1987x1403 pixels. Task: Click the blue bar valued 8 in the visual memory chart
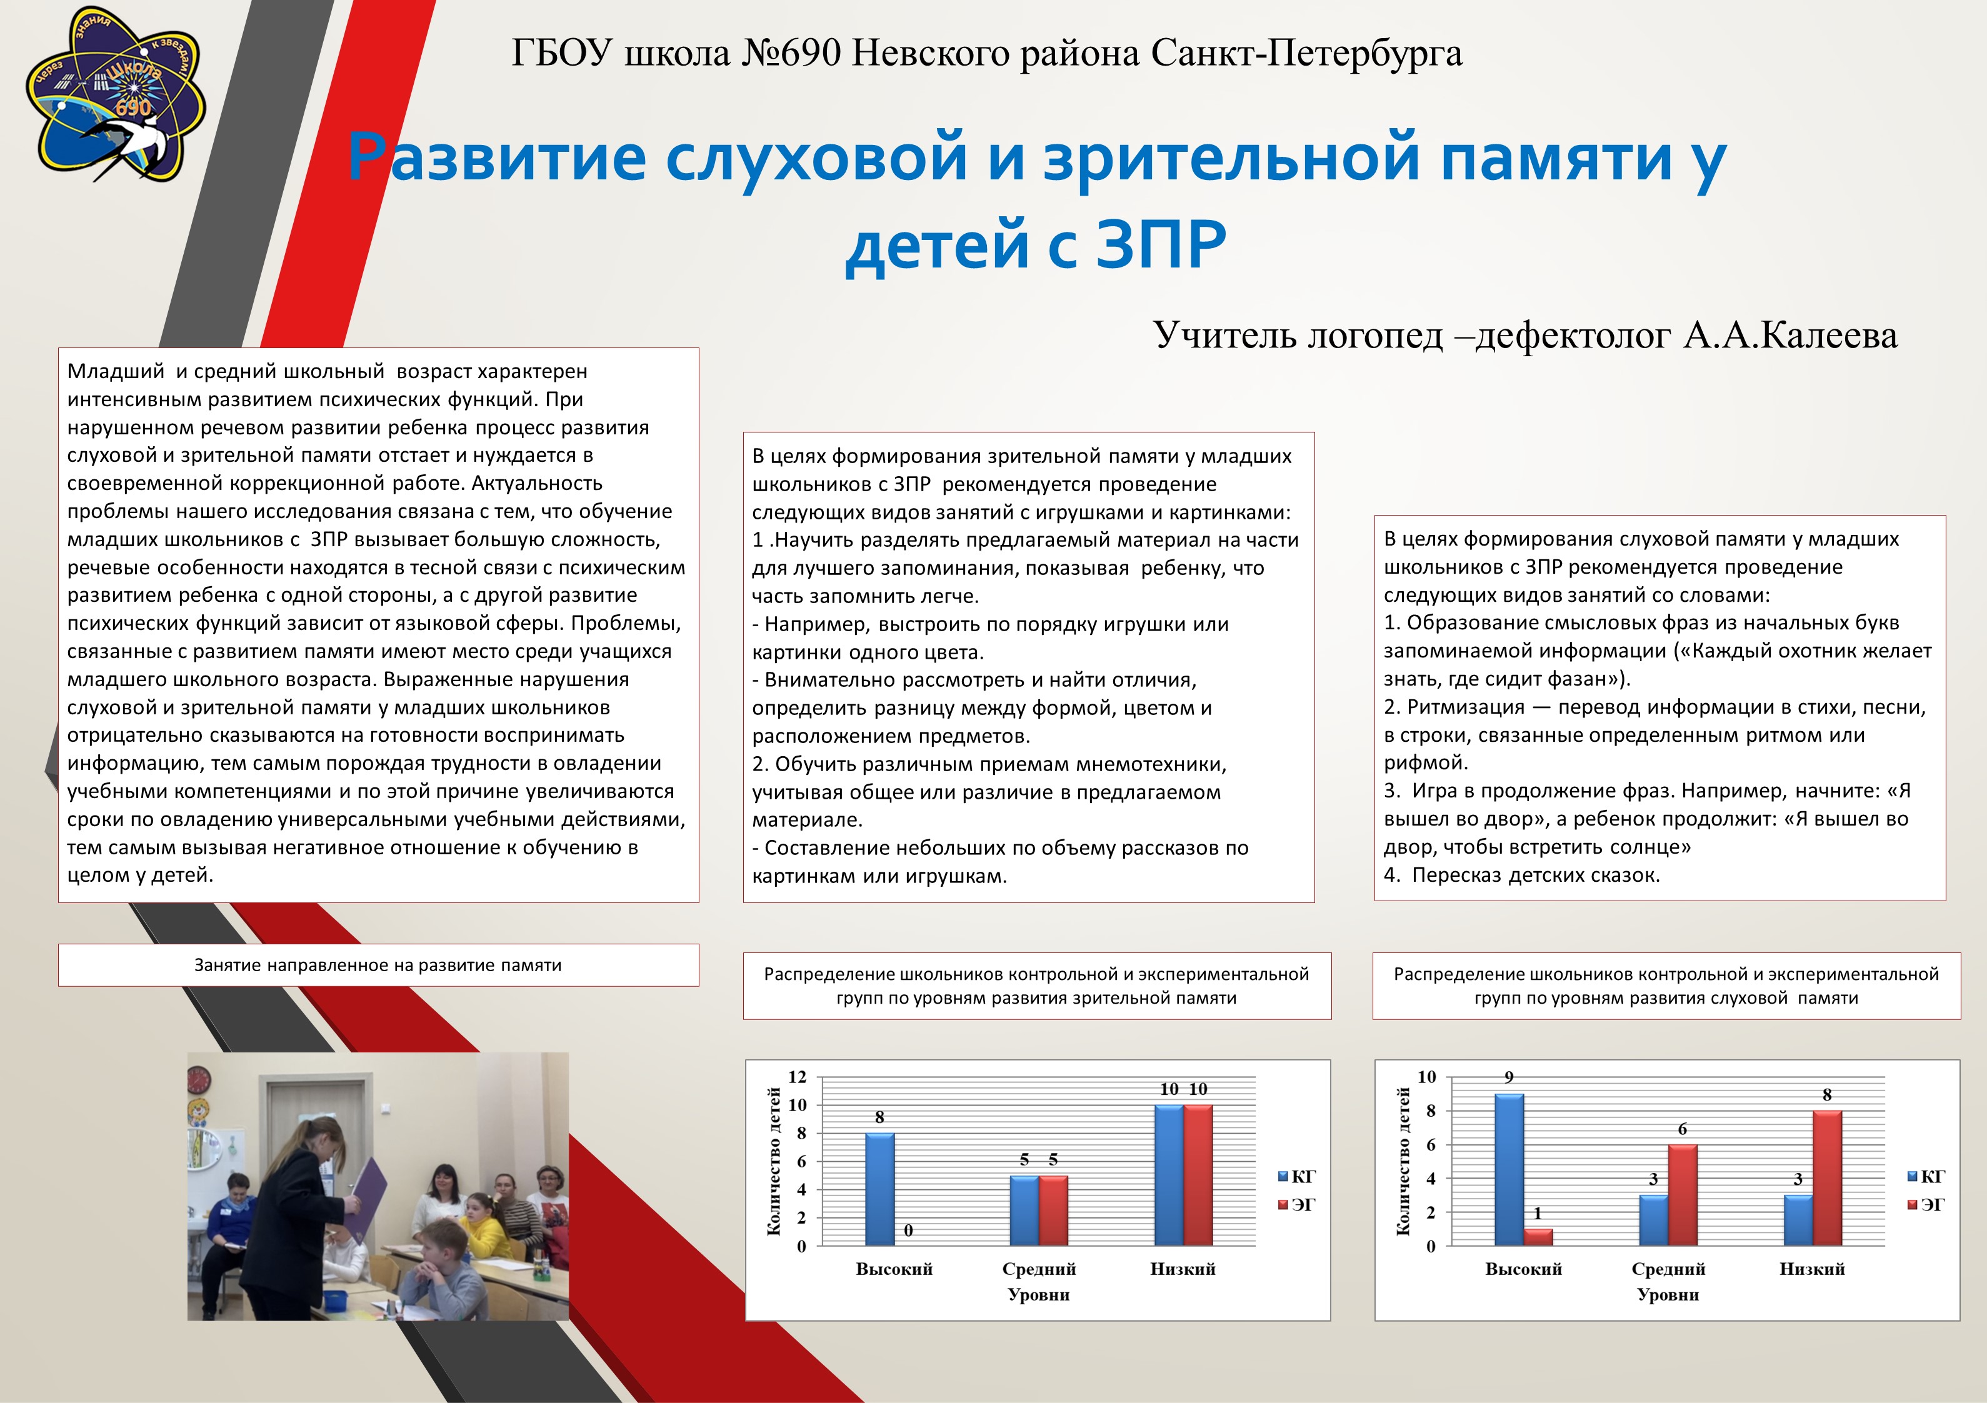(880, 1189)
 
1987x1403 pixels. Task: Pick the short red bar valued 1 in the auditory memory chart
(1538, 1237)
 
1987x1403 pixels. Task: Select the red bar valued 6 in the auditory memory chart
(1683, 1196)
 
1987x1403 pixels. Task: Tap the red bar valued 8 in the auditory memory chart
(1827, 1178)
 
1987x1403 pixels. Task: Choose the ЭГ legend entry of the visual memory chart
(1296, 1205)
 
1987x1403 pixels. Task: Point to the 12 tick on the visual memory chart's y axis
(797, 1077)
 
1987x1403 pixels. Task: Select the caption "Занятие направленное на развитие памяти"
(378, 965)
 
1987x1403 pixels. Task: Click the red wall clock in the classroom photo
(199, 1079)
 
